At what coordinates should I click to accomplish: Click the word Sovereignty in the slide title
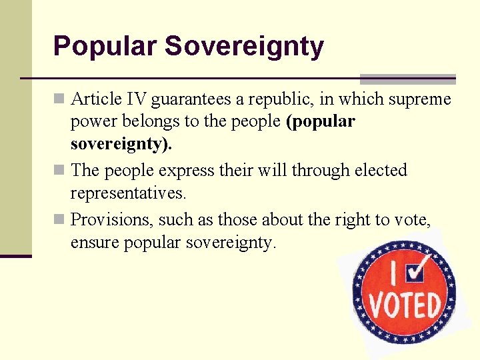[x=244, y=47]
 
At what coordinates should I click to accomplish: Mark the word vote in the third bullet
[x=411, y=219]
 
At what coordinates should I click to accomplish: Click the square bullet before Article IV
[x=59, y=100]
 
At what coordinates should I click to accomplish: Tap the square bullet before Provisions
[x=59, y=219]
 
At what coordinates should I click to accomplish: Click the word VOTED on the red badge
[x=406, y=305]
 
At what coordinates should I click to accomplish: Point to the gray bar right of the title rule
[x=408, y=79]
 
